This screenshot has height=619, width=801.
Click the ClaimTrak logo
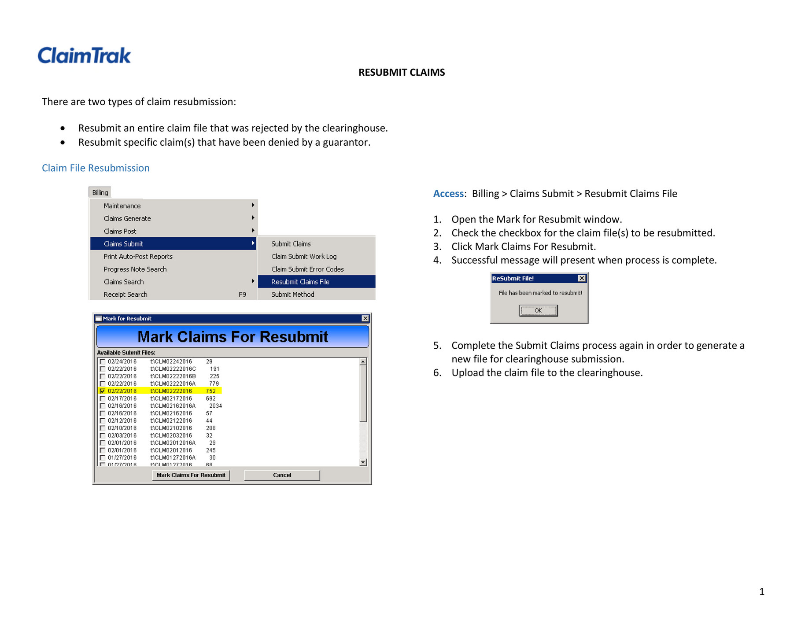pos(84,55)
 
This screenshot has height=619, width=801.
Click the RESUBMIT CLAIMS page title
pos(401,73)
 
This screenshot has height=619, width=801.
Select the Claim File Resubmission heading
pos(96,168)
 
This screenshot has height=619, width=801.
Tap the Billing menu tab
pos(100,192)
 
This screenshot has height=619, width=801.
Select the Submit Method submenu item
pos(293,295)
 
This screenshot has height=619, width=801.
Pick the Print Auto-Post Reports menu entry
pos(138,257)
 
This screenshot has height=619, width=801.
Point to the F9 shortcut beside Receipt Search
pos(242,295)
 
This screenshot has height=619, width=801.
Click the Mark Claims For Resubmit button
pos(191,475)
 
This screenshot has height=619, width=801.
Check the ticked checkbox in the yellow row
pos(103,391)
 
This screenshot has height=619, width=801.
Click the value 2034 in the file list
pos(215,406)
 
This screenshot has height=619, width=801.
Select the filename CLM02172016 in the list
pos(171,398)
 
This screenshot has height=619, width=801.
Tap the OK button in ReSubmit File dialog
pos(538,311)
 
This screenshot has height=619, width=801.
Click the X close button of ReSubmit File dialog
pos(582,278)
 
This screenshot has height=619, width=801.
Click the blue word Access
pos(448,194)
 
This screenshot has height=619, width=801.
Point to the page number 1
pos(761,592)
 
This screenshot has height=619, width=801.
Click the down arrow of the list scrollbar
pos(363,462)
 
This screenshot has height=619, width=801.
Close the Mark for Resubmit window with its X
pos(365,318)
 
